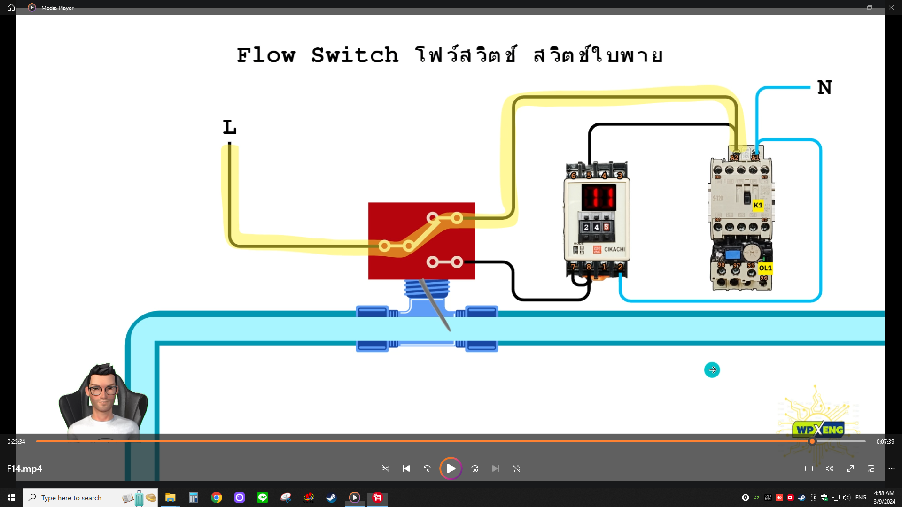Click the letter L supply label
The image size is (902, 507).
229,127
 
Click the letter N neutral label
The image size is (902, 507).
824,87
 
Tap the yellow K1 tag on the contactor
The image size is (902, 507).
758,205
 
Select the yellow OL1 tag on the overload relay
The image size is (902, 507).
765,268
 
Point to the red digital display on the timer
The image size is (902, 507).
599,197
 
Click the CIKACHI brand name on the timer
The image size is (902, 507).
614,249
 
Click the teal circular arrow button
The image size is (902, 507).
712,370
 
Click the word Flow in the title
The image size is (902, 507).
266,55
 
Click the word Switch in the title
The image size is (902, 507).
355,55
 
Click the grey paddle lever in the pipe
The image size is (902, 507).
435,305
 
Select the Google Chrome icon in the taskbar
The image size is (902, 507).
217,498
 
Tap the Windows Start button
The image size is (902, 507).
11,498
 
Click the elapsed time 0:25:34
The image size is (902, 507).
16,442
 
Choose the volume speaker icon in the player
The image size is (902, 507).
830,469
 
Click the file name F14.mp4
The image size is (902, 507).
24,469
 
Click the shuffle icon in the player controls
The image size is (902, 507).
386,469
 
